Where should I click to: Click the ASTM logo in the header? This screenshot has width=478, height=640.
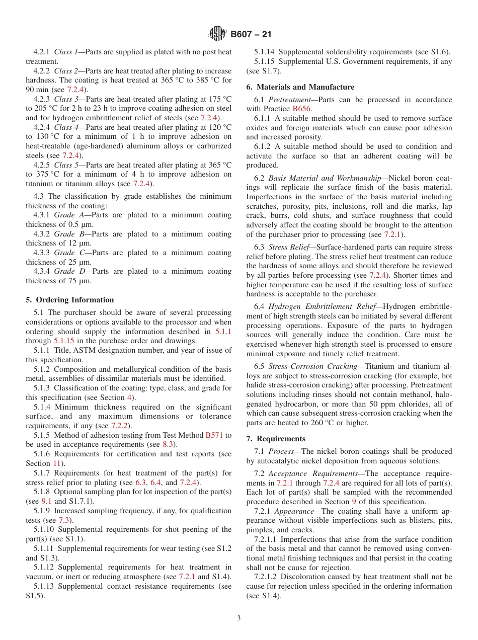coord(217,34)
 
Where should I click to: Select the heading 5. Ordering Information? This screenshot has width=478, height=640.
coord(70,300)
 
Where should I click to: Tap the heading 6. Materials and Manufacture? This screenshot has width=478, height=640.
coord(300,87)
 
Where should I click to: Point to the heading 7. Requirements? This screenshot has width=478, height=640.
coord(276,439)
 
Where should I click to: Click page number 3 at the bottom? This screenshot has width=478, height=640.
coord(239,618)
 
